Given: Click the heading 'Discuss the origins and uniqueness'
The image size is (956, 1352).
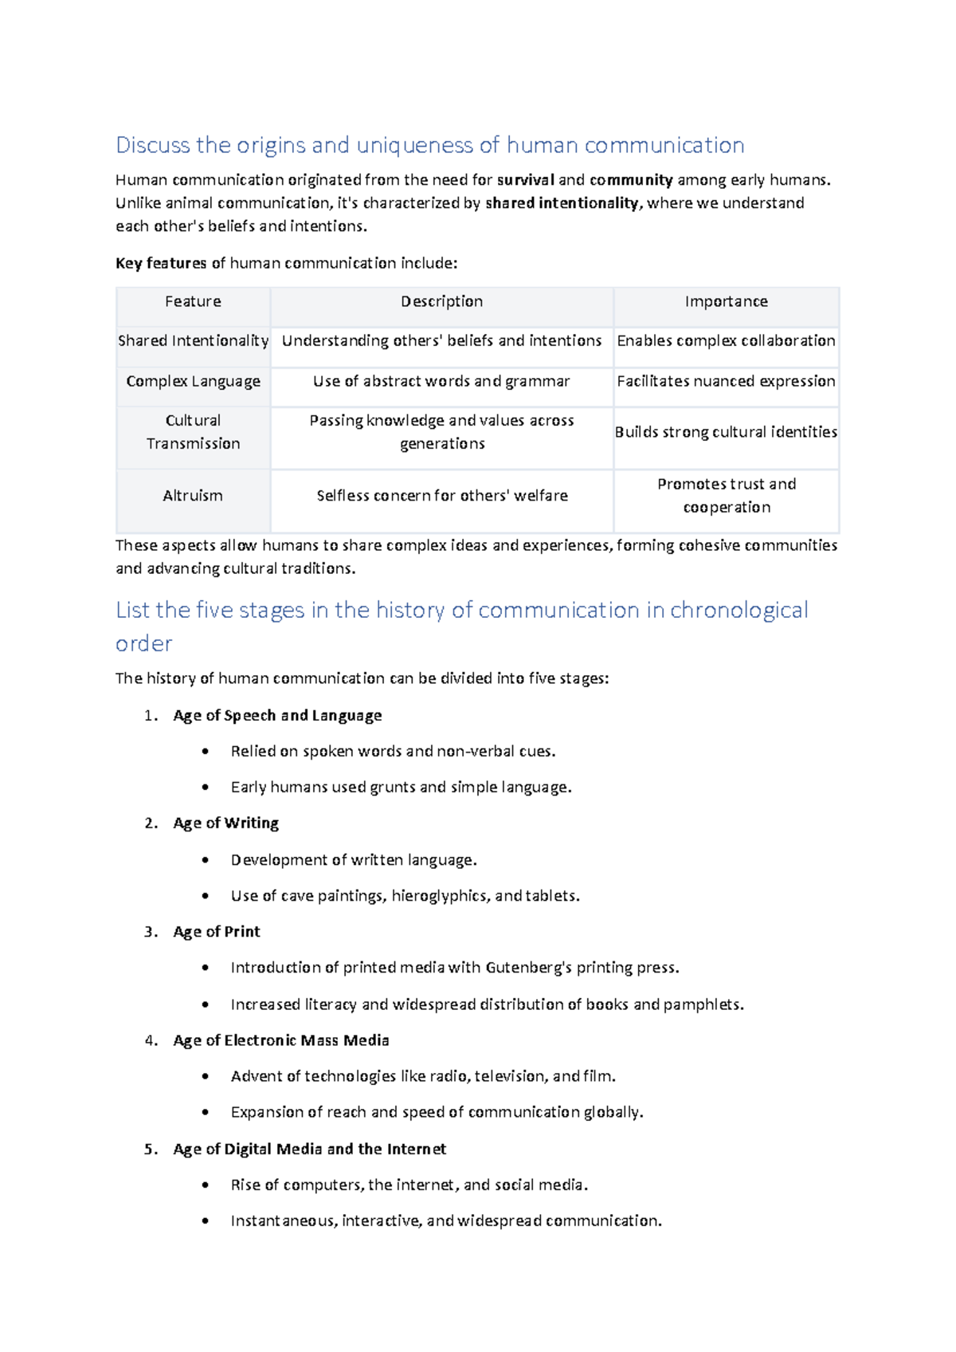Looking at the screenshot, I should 429,145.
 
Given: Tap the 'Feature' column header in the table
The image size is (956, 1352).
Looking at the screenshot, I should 193,301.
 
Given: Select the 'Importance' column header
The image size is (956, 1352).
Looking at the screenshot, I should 726,301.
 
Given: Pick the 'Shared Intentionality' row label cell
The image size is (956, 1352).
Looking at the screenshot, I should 193,341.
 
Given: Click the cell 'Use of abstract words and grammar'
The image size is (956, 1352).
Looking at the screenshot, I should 441,381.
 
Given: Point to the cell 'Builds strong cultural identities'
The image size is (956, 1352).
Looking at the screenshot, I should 726,432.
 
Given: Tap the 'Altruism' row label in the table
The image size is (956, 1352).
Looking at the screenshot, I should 193,496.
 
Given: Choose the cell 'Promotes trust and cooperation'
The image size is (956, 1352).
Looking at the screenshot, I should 726,496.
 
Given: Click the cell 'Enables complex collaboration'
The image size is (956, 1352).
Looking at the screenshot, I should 726,341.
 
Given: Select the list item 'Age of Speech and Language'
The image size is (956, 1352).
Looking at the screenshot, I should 277,716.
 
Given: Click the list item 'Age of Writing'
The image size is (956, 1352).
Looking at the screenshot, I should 225,823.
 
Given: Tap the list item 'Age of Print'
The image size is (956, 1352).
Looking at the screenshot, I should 217,932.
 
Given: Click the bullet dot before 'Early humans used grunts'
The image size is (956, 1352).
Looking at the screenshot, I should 206,788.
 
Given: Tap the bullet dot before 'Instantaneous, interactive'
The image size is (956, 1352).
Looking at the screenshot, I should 206,1221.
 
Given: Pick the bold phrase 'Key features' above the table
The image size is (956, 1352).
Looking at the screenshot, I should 161,264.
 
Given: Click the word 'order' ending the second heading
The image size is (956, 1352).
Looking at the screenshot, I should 144,644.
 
